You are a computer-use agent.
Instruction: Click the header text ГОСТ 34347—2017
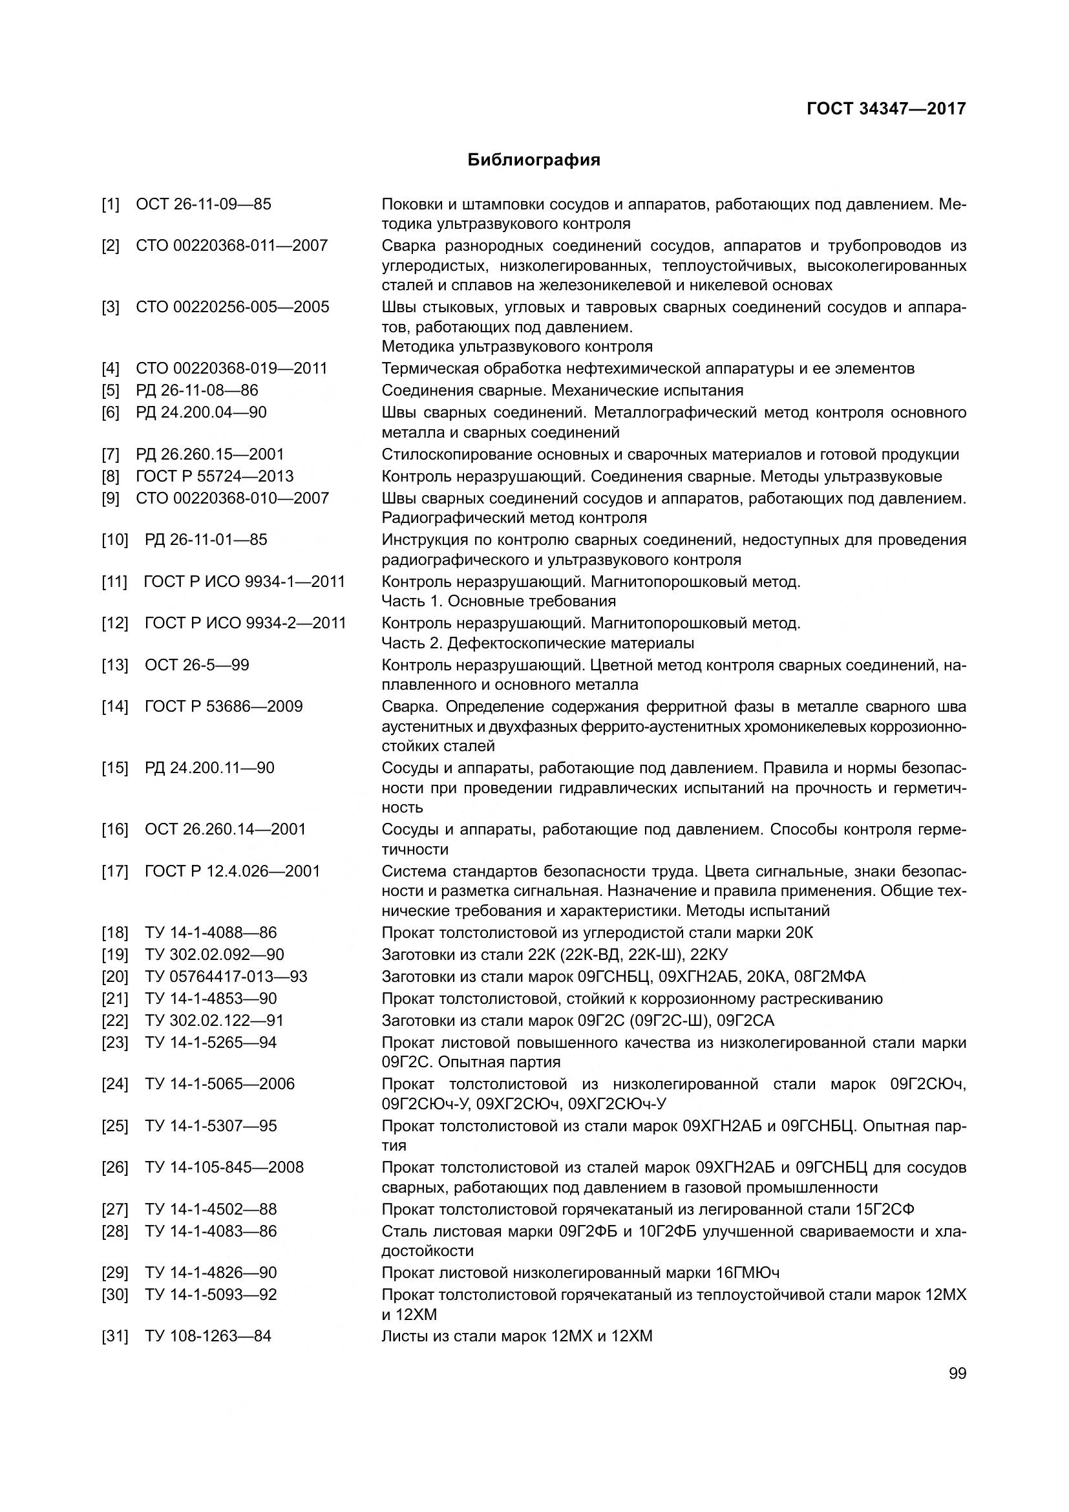coord(886,109)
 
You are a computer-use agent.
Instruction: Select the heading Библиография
coord(534,160)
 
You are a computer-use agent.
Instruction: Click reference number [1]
coord(111,204)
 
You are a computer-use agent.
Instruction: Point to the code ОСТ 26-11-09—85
coord(204,204)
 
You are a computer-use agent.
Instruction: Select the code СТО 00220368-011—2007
coord(232,246)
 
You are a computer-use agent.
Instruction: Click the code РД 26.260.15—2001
coord(210,454)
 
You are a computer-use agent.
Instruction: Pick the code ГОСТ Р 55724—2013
coord(215,476)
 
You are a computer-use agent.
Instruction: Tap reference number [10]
coord(114,540)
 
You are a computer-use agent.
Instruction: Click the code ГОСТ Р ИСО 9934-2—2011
coord(245,623)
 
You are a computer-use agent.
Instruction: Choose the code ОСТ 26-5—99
coord(197,665)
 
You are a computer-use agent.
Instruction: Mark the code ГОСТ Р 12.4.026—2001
coord(233,871)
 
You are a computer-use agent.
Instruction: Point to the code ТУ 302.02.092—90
coord(215,955)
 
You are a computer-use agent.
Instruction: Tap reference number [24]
coord(114,1084)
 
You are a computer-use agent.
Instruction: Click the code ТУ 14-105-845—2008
coord(224,1167)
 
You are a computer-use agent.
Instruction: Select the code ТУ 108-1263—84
coord(208,1336)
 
